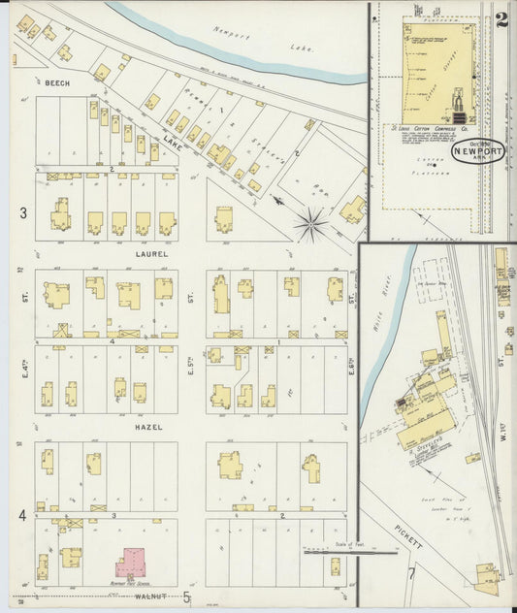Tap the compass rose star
311,225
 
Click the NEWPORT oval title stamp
476,155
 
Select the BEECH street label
57,83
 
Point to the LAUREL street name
151,254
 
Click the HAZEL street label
149,427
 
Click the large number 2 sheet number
501,20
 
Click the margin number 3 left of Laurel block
21,212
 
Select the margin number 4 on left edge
21,516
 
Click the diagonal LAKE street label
172,144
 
